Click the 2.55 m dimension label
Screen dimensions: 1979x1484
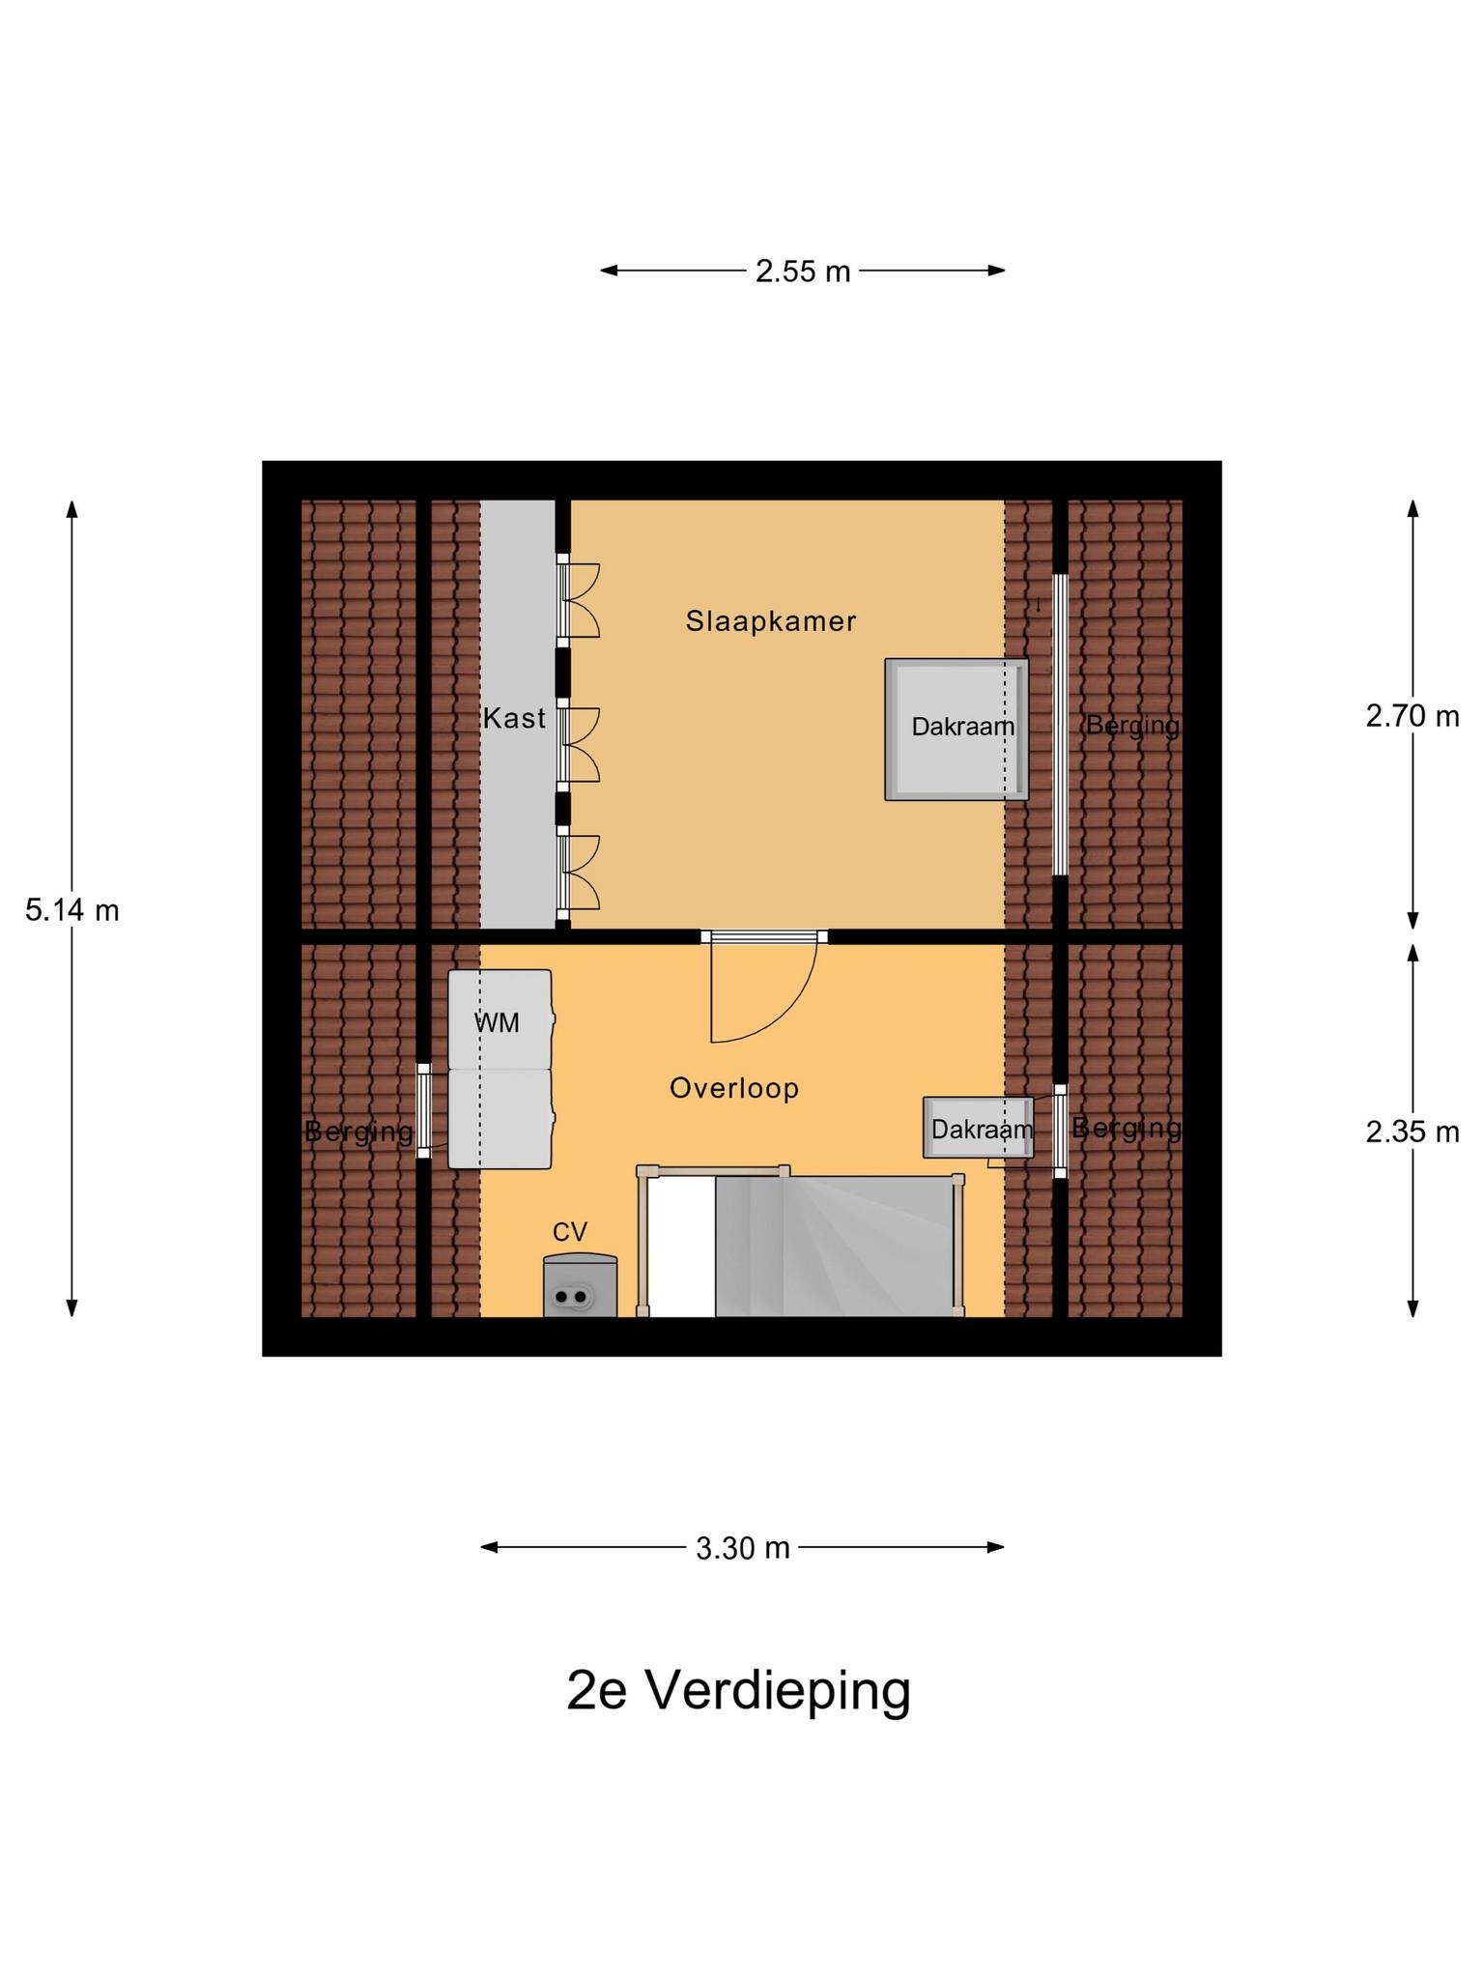point(802,272)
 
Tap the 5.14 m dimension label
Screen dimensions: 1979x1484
point(72,910)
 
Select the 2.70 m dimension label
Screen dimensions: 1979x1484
point(1412,716)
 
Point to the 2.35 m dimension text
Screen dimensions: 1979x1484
point(1412,1132)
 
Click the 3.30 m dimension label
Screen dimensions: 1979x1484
point(742,1548)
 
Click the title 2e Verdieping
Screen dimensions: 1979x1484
point(738,1690)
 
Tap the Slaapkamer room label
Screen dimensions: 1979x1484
point(770,620)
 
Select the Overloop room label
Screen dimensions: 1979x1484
point(734,1088)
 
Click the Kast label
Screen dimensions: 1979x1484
point(514,718)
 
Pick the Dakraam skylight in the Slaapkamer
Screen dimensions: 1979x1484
point(956,730)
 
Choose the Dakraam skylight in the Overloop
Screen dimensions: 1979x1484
point(978,1128)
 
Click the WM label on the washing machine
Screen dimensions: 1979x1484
point(497,1021)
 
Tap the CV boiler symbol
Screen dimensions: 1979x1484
point(580,1287)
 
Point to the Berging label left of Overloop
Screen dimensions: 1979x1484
point(358,1131)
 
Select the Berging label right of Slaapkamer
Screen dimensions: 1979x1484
point(1131,725)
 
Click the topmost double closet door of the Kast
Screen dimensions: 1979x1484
point(579,600)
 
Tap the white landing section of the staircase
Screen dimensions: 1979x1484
point(681,1247)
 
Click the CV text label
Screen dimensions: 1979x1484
point(569,1232)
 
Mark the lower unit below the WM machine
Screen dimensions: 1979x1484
point(499,1118)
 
